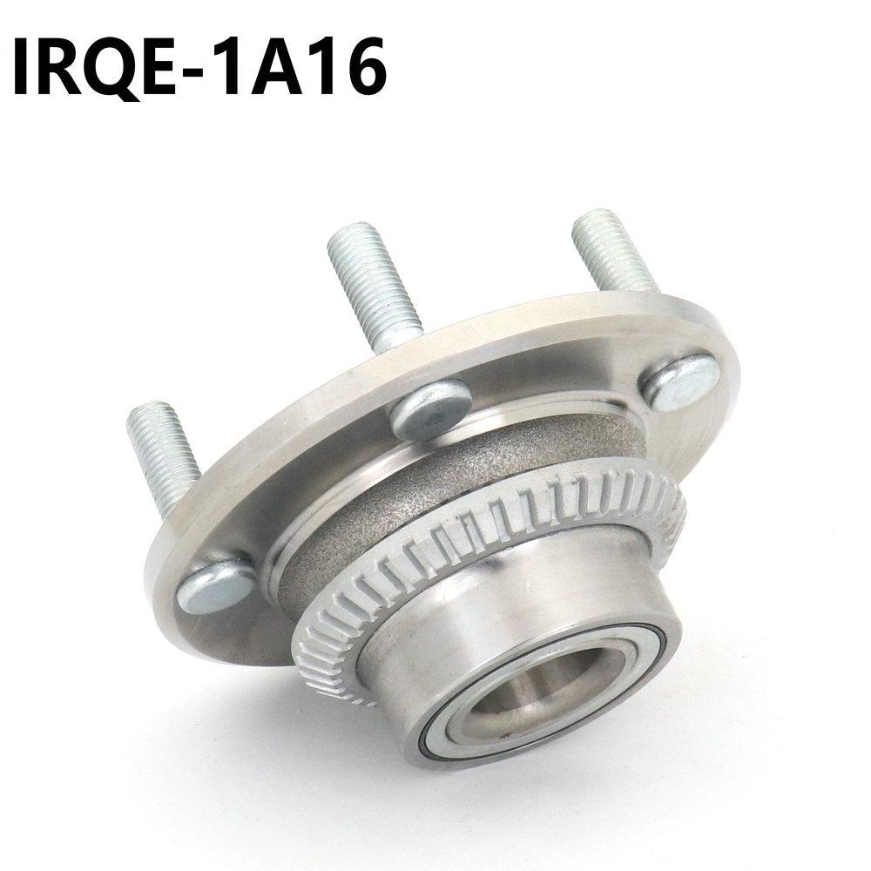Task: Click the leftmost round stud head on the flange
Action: (x=216, y=584)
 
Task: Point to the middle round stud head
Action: (x=430, y=408)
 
